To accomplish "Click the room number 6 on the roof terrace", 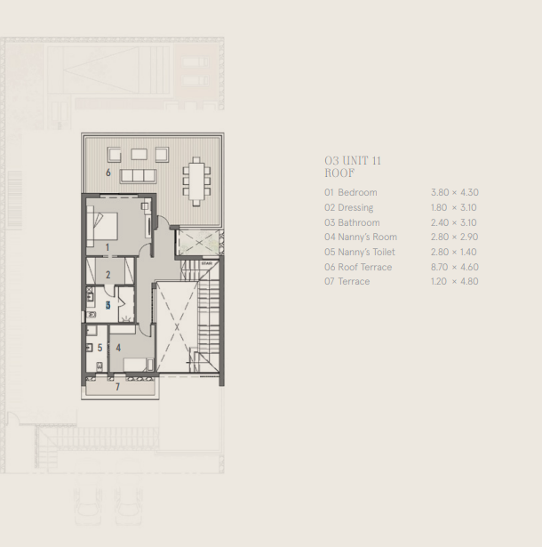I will point(108,173).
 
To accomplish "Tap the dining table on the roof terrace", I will point(195,181).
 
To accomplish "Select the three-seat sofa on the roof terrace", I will point(138,175).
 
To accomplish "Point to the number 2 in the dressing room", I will point(108,275).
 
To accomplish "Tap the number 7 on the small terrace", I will point(117,387).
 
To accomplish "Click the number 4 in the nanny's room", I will point(118,348).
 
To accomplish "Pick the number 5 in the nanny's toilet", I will point(100,348).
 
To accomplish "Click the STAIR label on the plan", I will point(206,264).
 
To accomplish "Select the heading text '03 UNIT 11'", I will point(353,160).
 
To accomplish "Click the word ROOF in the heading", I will point(339,173).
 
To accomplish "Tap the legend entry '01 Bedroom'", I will point(351,192).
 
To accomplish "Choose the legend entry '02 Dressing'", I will point(349,207).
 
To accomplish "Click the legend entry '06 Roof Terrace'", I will point(358,267).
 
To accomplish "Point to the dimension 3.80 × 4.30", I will point(454,192).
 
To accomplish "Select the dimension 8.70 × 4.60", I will point(454,267).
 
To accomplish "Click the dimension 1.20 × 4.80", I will point(454,281).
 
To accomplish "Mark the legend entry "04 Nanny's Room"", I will point(361,237).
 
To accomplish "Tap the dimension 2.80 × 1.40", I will point(454,252).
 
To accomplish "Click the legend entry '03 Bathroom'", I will point(352,222).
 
